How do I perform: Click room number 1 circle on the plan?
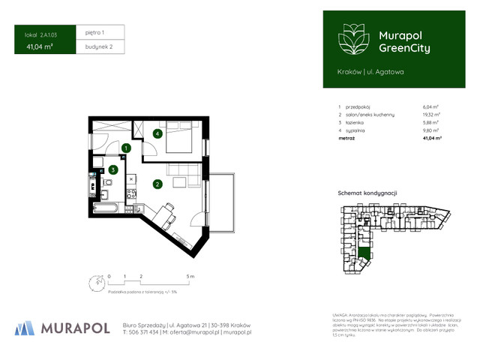click(126, 149)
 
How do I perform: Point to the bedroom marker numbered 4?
click(157, 134)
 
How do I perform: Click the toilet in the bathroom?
click(97, 162)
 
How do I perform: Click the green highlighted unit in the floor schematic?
click(364, 253)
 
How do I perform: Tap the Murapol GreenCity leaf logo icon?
click(351, 39)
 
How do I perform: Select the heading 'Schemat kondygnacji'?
click(367, 193)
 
